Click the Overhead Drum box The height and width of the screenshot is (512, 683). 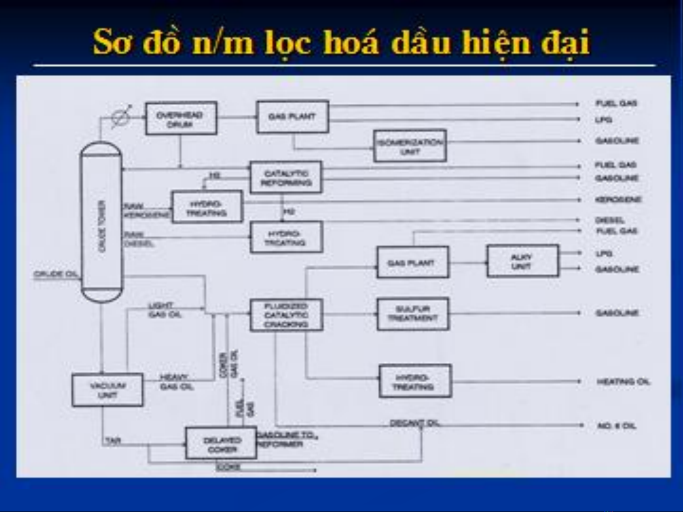pos(181,118)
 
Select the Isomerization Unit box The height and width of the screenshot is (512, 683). pos(410,146)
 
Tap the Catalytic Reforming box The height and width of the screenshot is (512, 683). pos(286,178)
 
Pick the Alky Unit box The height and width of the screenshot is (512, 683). pos(522,261)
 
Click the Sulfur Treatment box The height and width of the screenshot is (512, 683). pos(412,314)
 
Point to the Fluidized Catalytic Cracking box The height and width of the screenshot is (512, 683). pos(286,315)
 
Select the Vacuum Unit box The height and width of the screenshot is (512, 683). pos(107,390)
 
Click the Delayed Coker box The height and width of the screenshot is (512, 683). pos(221,444)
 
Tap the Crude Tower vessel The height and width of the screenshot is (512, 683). pos(101,223)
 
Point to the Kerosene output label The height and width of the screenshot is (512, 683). pos(618,199)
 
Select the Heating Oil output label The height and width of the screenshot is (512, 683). pos(623,381)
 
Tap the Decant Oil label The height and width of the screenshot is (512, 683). pos(415,422)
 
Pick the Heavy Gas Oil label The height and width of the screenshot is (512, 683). pos(176,382)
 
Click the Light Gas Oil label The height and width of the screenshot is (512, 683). pos(164,310)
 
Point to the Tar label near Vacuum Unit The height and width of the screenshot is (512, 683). pos(113,440)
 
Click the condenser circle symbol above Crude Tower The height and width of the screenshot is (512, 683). pos(121,117)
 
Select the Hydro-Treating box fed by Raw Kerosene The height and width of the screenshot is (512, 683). pos(207,207)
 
